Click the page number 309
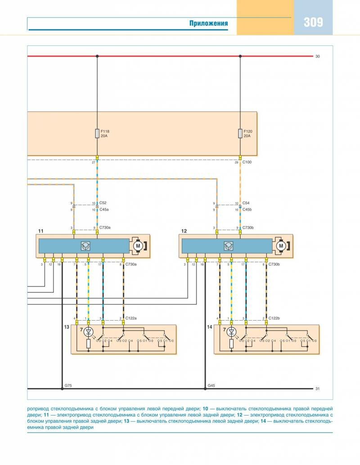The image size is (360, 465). pyautogui.click(x=313, y=22)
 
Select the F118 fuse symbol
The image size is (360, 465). pyautogui.click(x=97, y=134)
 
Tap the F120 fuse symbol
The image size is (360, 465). pyautogui.click(x=240, y=134)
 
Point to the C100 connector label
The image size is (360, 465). pyautogui.click(x=247, y=162)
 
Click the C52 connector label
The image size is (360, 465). pyautogui.click(x=103, y=203)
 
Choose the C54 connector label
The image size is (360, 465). pyautogui.click(x=246, y=203)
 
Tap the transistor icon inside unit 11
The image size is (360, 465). pyautogui.click(x=85, y=246)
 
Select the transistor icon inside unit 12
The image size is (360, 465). pyautogui.click(x=228, y=246)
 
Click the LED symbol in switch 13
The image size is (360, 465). pyautogui.click(x=88, y=332)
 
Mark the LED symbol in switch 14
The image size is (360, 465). pyautogui.click(x=231, y=332)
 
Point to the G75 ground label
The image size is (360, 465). pyautogui.click(x=68, y=385)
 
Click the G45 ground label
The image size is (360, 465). pyautogui.click(x=211, y=385)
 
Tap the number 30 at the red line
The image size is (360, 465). pyautogui.click(x=318, y=57)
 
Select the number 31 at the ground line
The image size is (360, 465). pyautogui.click(x=318, y=389)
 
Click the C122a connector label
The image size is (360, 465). pyautogui.click(x=131, y=318)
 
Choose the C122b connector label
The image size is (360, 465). pyautogui.click(x=274, y=318)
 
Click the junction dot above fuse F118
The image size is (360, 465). pyautogui.click(x=97, y=56)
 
